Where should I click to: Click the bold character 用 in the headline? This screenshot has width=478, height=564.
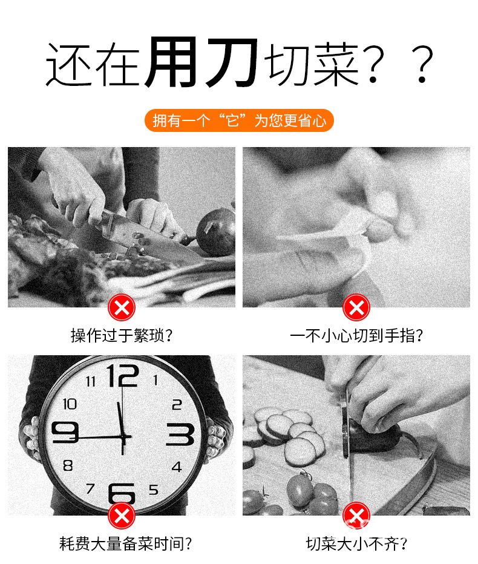[172, 62]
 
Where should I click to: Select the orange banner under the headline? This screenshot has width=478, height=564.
[239, 120]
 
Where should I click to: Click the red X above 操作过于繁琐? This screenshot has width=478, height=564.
[122, 307]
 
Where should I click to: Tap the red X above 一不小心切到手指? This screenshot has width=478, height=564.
[356, 307]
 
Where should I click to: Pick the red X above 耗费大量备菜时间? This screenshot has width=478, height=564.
[122, 516]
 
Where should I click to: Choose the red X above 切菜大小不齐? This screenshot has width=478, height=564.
[356, 516]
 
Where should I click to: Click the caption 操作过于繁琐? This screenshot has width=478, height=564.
[122, 336]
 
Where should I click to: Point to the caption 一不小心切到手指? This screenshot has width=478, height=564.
[356, 336]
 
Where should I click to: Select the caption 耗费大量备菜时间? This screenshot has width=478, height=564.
[125, 543]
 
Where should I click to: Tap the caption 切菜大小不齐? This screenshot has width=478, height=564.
[356, 543]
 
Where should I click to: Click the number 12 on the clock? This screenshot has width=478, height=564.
[123, 376]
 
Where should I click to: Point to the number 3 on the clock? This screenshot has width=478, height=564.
[180, 434]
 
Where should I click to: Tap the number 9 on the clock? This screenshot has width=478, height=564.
[65, 432]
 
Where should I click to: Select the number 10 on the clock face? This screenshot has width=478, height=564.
[70, 404]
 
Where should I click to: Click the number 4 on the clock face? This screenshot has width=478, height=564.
[177, 467]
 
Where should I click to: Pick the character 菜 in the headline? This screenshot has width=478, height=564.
[336, 64]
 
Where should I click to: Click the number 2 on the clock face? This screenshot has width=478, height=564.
[177, 405]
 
